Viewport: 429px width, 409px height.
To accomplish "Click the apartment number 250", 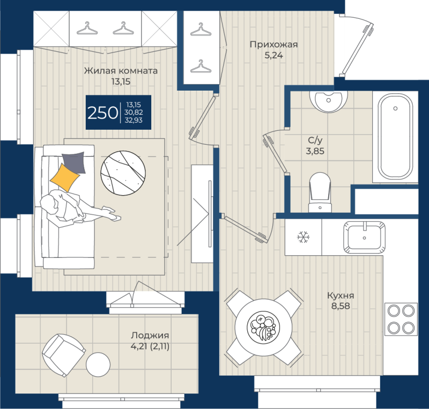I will pyautogui.click(x=102, y=113).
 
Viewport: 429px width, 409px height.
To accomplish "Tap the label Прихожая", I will pyautogui.click(x=273, y=44).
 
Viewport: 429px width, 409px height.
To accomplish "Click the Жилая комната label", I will pyautogui.click(x=121, y=71).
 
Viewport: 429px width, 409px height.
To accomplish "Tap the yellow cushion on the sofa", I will pyautogui.click(x=64, y=176).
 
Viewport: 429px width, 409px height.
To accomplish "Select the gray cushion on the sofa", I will pyautogui.click(x=73, y=161).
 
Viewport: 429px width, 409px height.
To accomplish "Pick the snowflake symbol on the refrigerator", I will pyautogui.click(x=304, y=236).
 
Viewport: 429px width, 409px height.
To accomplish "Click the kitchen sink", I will pyautogui.click(x=365, y=236).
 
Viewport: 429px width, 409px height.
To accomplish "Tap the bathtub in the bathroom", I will pyautogui.click(x=396, y=136).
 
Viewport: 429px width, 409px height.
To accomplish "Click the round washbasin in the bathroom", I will pyautogui.click(x=330, y=100).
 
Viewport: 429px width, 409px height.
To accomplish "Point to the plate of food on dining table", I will pyautogui.click(x=263, y=325).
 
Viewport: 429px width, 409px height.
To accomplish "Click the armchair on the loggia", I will pyautogui.click(x=63, y=354).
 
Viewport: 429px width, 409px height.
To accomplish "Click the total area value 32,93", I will pyautogui.click(x=136, y=121).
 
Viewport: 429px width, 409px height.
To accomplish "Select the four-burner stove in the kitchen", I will pyautogui.click(x=401, y=319).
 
